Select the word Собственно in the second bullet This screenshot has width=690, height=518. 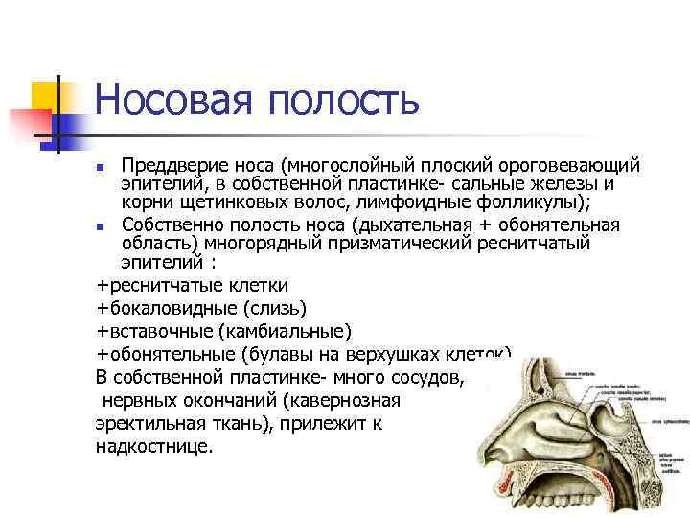pyautogui.click(x=168, y=225)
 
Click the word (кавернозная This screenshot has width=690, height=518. pyautogui.click(x=344, y=400)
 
